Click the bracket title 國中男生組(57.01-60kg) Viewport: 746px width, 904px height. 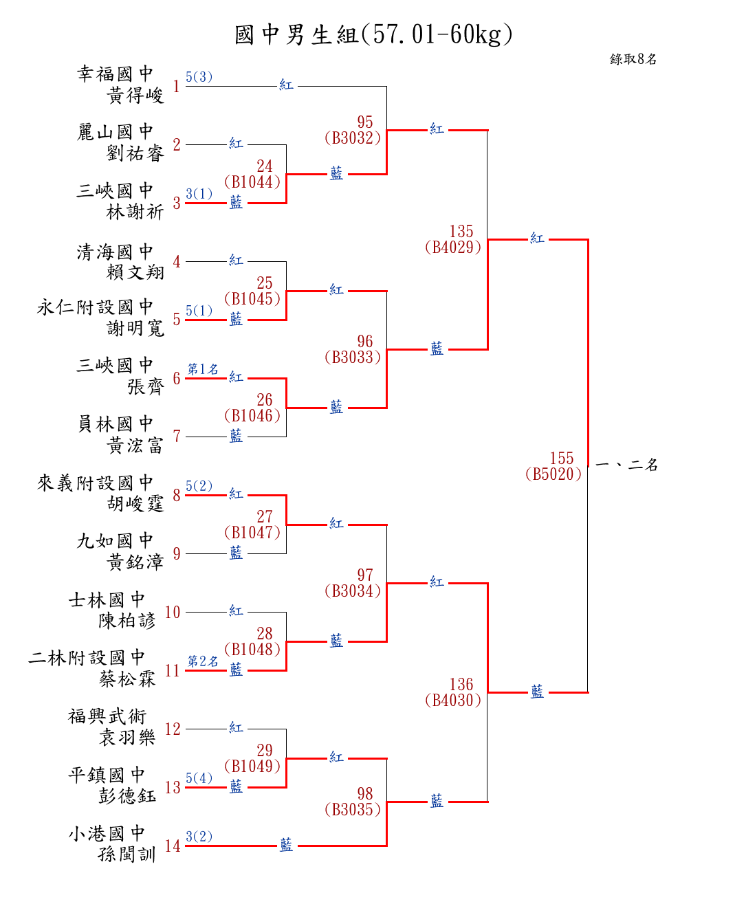(x=373, y=34)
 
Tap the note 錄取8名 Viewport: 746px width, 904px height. (x=633, y=59)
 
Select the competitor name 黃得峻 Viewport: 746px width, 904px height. (x=135, y=96)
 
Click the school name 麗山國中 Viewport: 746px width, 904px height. (x=115, y=132)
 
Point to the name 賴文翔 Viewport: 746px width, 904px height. (x=135, y=272)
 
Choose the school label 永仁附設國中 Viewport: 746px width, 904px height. (x=95, y=307)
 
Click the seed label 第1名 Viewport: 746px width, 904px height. (x=203, y=369)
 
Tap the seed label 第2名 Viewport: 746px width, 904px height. (x=203, y=661)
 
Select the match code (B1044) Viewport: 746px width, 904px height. (x=252, y=182)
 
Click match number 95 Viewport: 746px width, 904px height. (x=365, y=122)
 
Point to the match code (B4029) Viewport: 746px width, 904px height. (x=453, y=247)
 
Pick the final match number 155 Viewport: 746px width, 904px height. (x=562, y=459)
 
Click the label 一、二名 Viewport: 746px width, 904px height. (x=626, y=465)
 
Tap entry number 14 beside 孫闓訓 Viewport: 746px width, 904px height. (x=173, y=846)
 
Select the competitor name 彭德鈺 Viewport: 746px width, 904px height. (x=127, y=796)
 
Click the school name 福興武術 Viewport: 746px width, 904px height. (x=107, y=717)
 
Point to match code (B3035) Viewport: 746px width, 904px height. (x=353, y=810)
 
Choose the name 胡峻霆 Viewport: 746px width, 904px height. (x=135, y=504)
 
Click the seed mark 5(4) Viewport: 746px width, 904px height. (x=199, y=778)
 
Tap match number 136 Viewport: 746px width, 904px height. (x=461, y=685)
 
